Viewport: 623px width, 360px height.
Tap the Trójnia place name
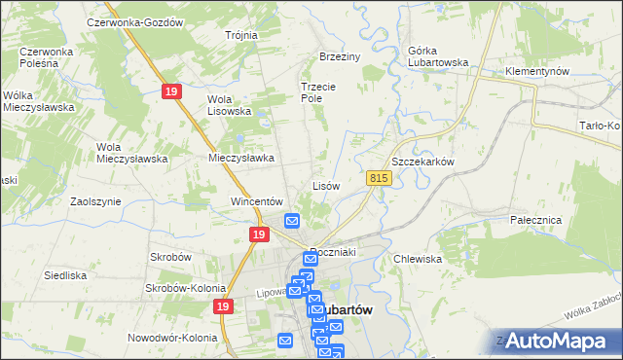pos(240,35)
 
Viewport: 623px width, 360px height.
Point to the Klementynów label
pos(536,72)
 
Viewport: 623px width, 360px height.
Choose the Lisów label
pos(325,185)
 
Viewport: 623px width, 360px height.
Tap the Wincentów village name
pos(256,201)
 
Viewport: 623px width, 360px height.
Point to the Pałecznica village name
pos(536,220)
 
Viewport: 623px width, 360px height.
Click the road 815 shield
pos(380,178)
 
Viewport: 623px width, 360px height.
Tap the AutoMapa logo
pos(558,342)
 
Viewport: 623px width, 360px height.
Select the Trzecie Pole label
pos(317,92)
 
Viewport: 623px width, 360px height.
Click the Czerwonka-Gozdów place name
pos(135,22)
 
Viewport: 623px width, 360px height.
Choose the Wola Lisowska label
pos(230,105)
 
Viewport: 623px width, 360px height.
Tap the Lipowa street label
pos(272,291)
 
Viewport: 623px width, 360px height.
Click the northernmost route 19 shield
pos(171,90)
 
